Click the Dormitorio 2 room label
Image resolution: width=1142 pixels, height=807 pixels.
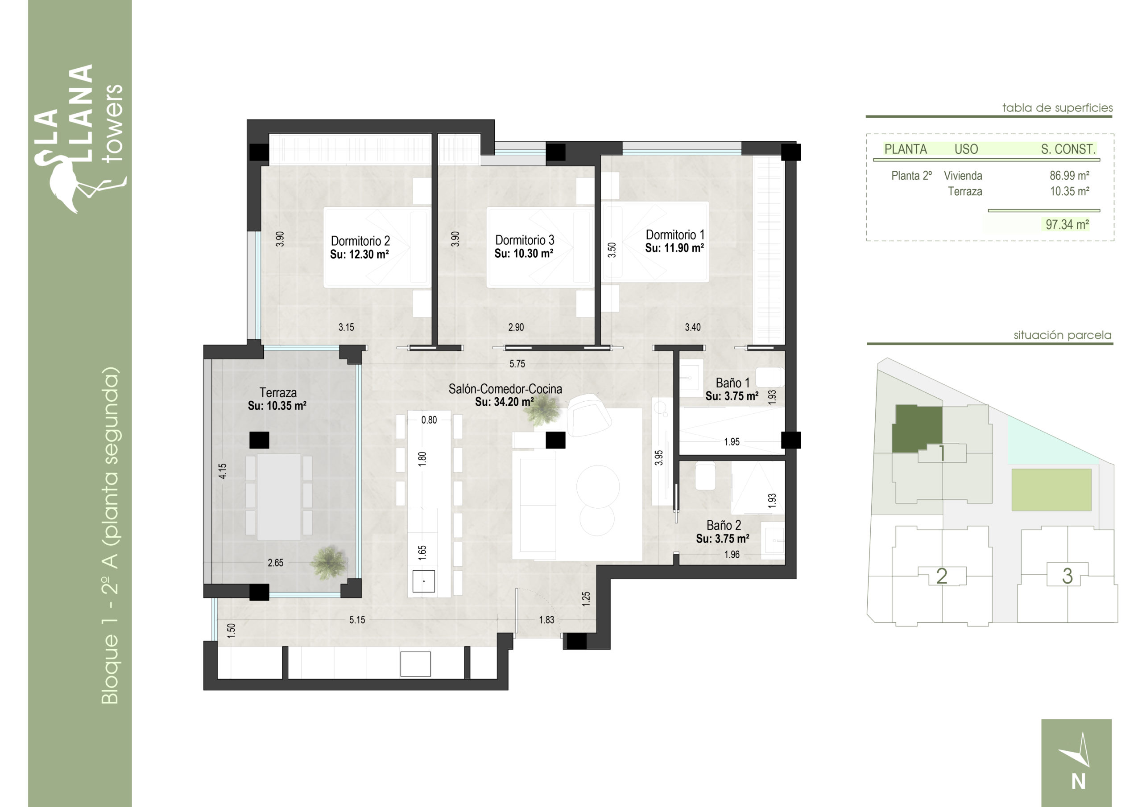coord(360,241)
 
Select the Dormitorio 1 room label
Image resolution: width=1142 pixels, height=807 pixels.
coord(674,235)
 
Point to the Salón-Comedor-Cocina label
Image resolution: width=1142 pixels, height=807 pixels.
coord(505,389)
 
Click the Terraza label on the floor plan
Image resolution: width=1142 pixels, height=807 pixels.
coord(278,392)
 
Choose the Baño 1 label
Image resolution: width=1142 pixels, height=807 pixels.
coord(732,383)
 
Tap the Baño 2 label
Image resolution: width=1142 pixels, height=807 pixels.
coord(724,525)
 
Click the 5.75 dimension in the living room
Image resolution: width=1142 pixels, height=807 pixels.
coord(517,364)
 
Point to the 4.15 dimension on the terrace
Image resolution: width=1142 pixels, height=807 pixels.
coord(223,471)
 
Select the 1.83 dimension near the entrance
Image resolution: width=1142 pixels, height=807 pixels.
coord(546,620)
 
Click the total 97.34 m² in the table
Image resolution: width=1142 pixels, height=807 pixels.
coord(1067,225)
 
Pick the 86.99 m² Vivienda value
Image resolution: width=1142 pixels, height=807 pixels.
coord(1069,176)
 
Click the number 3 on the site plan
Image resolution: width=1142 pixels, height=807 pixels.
coord(1067,576)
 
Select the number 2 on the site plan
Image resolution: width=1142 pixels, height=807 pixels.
coord(941,576)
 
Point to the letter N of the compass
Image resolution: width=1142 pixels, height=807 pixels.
coord(1078,782)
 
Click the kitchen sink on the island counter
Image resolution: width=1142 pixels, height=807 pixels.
coord(423,581)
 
